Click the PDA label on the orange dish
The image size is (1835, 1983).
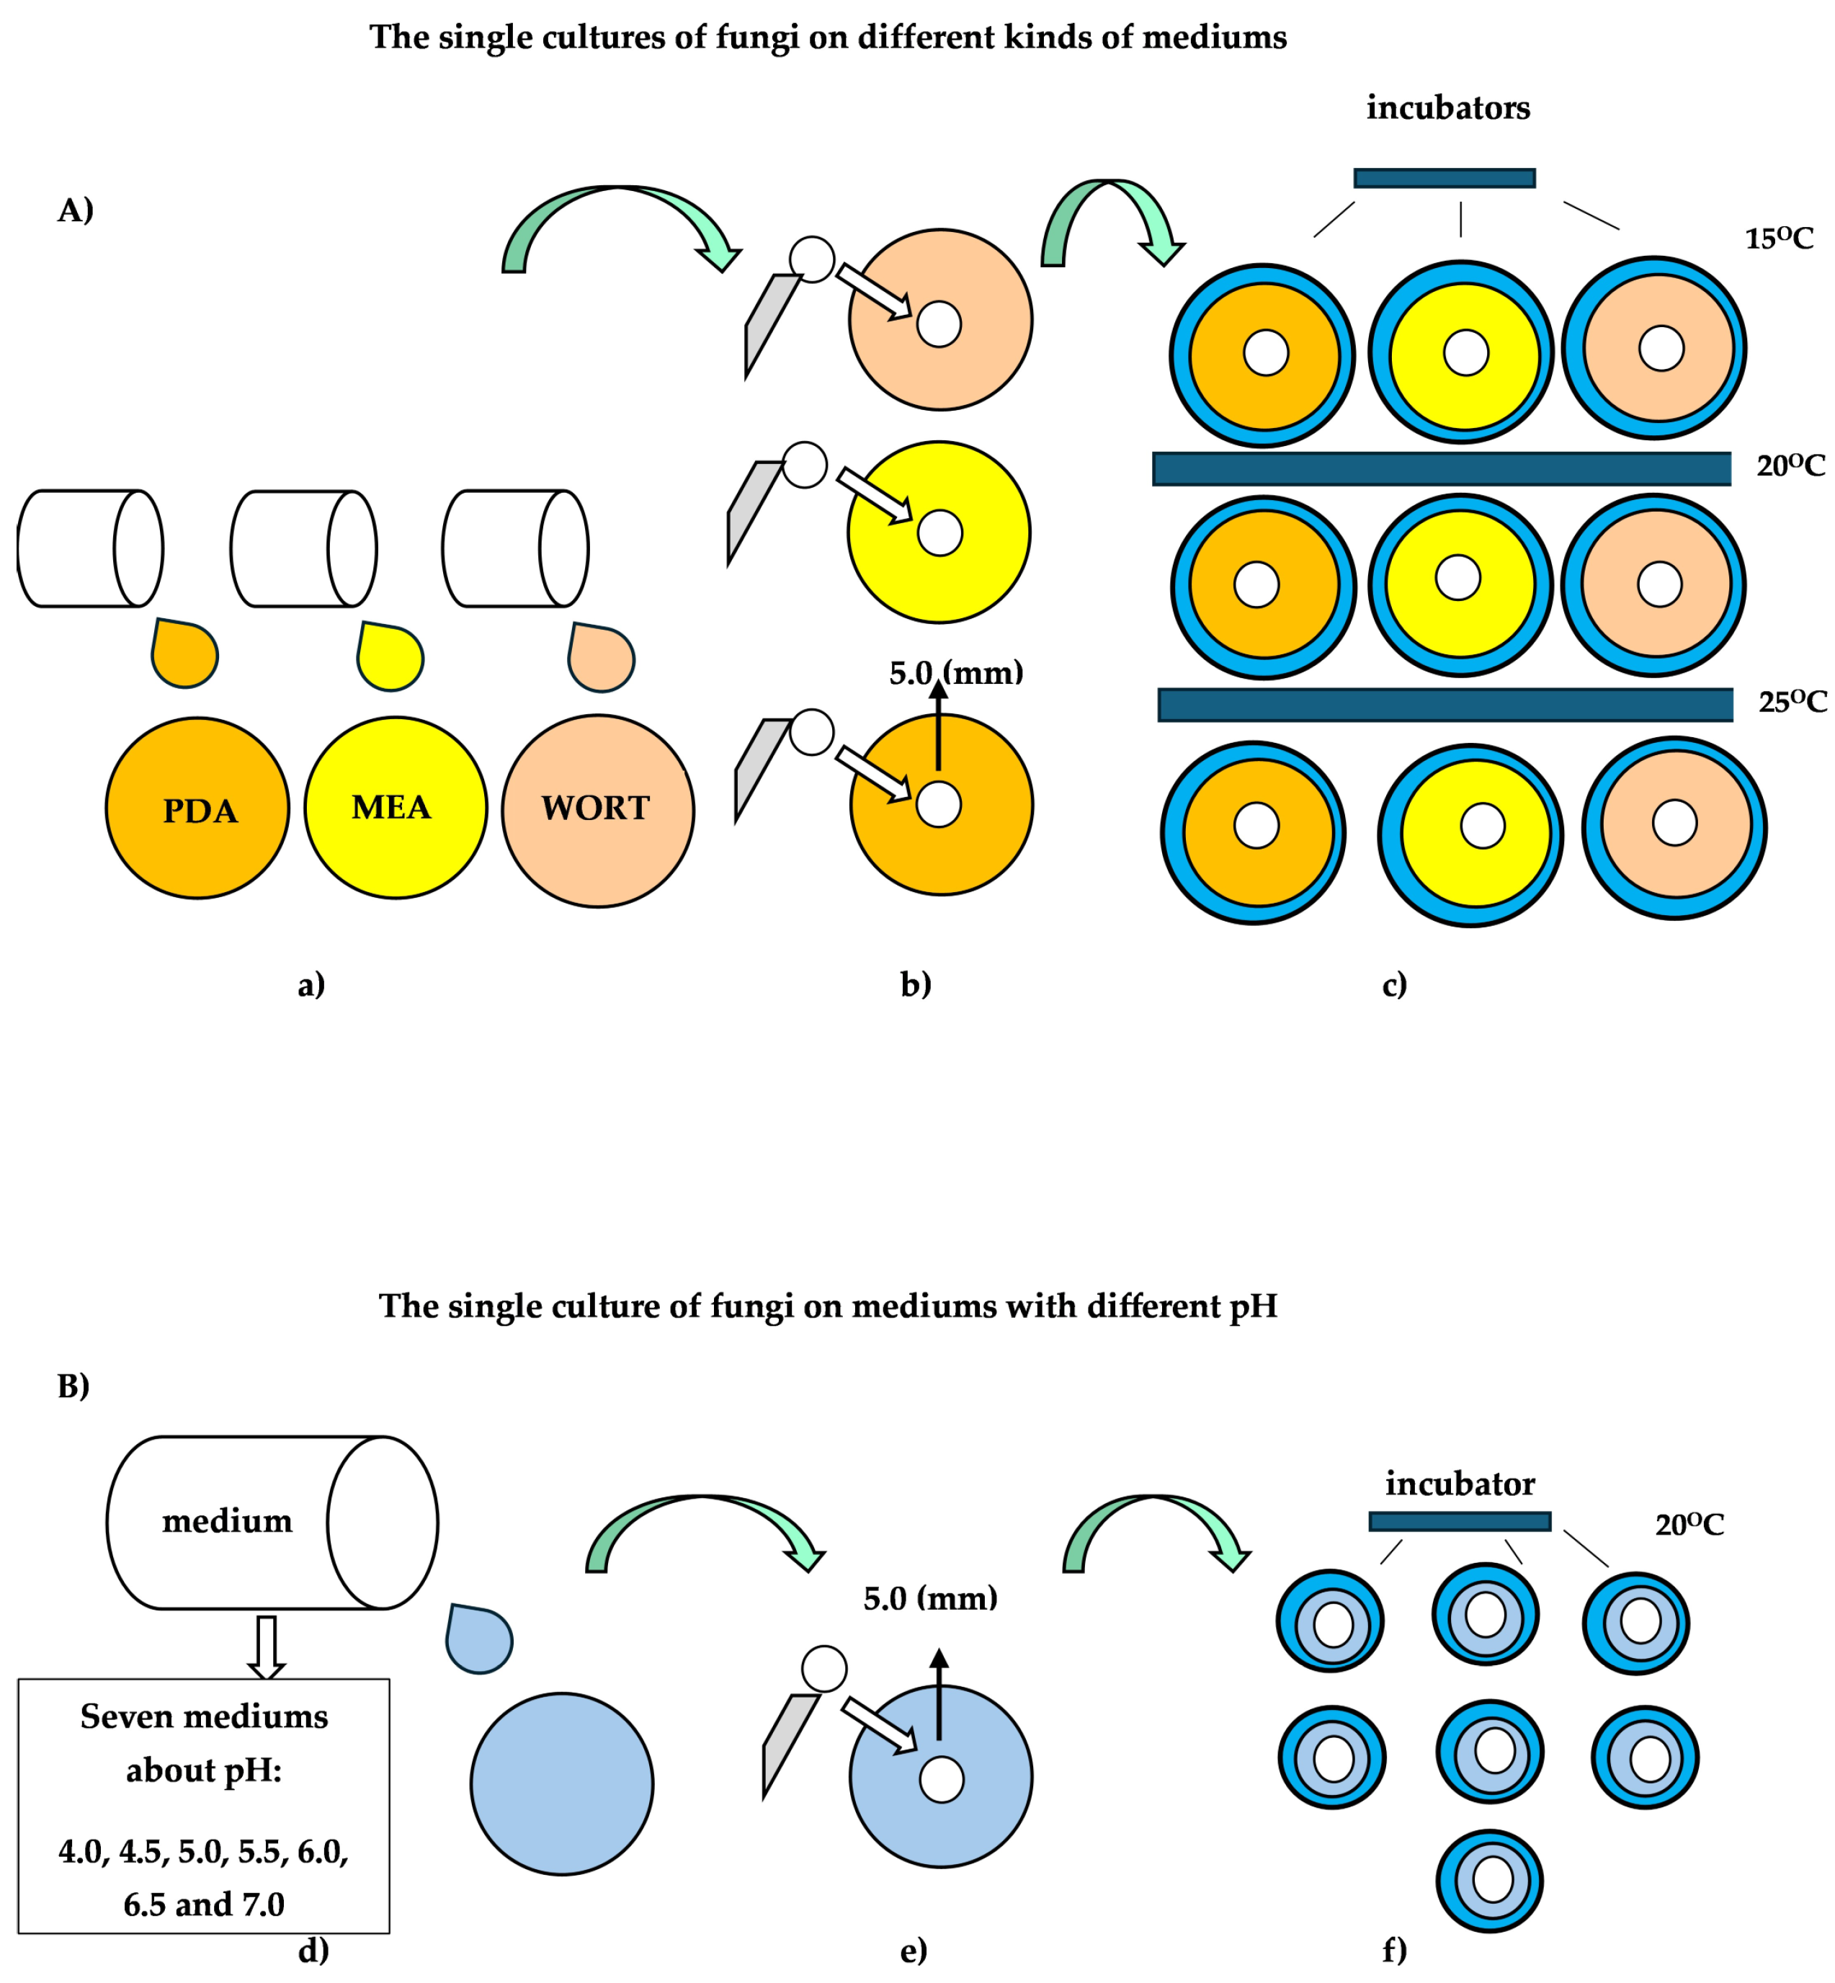point(200,811)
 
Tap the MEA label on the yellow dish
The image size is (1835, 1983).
point(391,807)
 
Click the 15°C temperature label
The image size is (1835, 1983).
point(1778,239)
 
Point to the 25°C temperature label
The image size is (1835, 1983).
point(1791,702)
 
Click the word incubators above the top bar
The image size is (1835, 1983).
point(1447,107)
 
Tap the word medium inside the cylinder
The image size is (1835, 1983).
point(228,1520)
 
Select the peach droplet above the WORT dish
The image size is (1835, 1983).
point(601,659)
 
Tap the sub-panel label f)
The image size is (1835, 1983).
point(1394,1951)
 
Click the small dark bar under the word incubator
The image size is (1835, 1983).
point(1460,1521)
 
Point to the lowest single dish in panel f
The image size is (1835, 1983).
point(1488,1881)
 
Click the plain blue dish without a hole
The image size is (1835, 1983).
point(562,1783)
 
